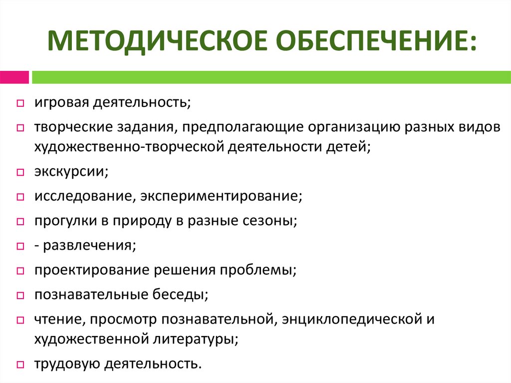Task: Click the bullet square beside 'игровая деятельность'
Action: pos(19,104)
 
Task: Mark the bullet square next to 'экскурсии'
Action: pos(19,173)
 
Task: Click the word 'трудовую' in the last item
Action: pos(67,364)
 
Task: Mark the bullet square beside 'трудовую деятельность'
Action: pos(19,364)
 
